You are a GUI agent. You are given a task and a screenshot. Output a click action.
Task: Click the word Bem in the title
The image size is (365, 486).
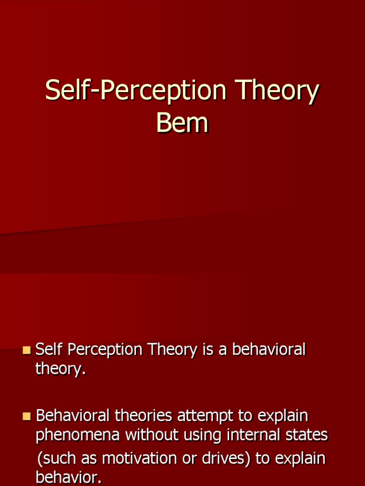(x=182, y=122)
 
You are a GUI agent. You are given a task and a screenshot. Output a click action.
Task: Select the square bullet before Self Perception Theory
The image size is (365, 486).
(x=26, y=351)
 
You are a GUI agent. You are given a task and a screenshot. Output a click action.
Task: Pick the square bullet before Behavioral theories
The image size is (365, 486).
(x=26, y=417)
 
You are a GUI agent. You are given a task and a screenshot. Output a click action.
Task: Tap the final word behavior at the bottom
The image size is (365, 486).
(x=68, y=477)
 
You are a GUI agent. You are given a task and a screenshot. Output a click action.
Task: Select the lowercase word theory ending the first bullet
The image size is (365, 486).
(x=60, y=369)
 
